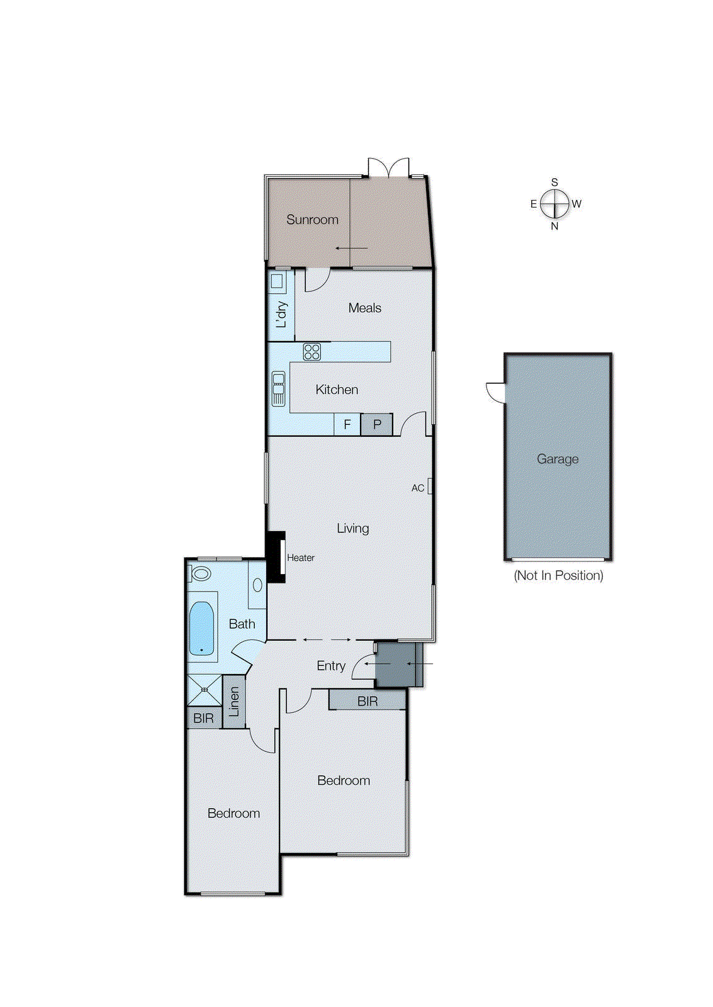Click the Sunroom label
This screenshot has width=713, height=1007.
tap(312, 220)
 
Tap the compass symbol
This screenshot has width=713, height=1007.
tap(554, 204)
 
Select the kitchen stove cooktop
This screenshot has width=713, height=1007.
tap(312, 352)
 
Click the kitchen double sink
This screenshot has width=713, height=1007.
tap(278, 389)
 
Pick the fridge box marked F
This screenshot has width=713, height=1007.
tap(347, 425)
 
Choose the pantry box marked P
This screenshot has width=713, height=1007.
tap(377, 425)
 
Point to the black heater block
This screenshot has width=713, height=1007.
tap(276, 557)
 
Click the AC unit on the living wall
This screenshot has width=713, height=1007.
tap(429, 487)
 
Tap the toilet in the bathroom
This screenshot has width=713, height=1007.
tap(200, 573)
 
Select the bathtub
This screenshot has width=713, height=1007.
tap(201, 628)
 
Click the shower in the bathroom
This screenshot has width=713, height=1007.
tap(205, 690)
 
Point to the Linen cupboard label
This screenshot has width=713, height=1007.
tap(234, 702)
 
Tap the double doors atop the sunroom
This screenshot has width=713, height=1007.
tap(389, 168)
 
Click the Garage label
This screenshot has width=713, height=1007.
tap(558, 459)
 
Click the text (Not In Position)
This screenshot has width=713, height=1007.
tap(558, 575)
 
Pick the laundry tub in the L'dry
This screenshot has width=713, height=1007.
tap(277, 281)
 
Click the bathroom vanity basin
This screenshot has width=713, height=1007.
tap(257, 585)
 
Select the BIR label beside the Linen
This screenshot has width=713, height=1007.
tap(203, 718)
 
